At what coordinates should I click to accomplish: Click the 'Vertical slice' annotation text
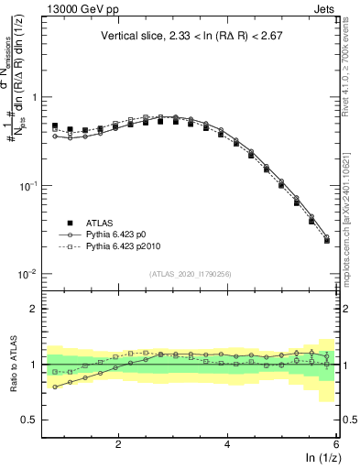pos(191,37)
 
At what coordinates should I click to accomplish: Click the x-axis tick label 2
pos(118,444)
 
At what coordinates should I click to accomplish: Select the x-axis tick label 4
pos(227,444)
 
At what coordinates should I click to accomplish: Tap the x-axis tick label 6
pos(336,444)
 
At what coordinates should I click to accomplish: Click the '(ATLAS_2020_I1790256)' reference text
pos(191,273)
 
